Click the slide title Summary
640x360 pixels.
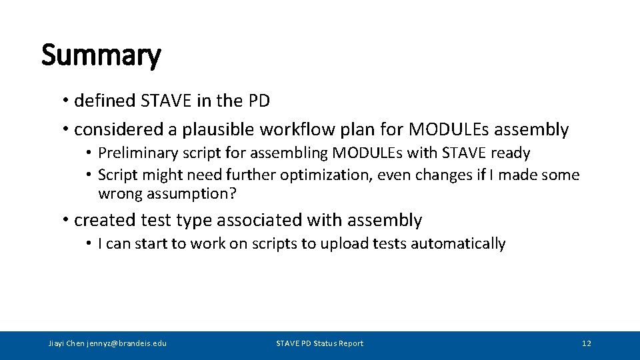tap(101, 55)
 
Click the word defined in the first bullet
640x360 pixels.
tap(105, 101)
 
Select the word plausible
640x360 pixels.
tap(218, 129)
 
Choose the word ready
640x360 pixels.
tap(510, 153)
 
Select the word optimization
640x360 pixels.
tap(323, 175)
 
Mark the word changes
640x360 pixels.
tap(425, 175)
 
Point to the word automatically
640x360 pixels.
tap(458, 244)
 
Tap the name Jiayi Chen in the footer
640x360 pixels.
tap(67, 343)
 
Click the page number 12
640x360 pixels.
tap(586, 343)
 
